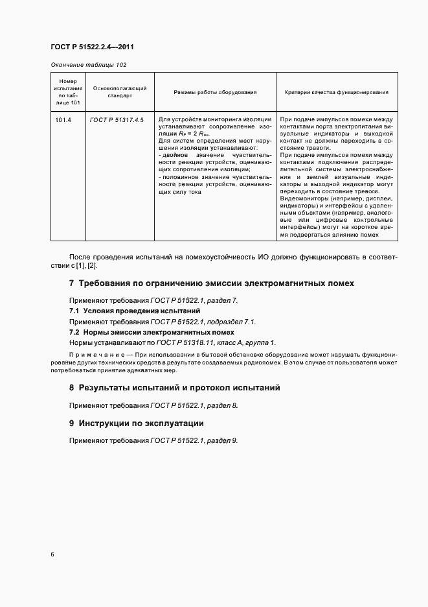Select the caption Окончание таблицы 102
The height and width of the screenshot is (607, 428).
pyautogui.click(x=88, y=65)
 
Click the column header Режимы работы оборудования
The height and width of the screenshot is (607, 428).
pyautogui.click(x=215, y=92)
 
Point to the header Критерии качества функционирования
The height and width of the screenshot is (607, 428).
pyautogui.click(x=337, y=92)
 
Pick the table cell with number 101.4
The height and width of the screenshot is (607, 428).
pyautogui.click(x=63, y=120)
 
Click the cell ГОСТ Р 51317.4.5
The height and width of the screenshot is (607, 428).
pyautogui.click(x=117, y=120)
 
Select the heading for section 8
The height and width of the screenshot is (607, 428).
pyautogui.click(x=174, y=388)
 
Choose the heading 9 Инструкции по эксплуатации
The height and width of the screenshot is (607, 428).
pyautogui.click(x=136, y=423)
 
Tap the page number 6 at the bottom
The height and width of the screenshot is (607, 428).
pyautogui.click(x=52, y=554)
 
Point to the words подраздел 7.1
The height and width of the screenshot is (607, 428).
pyautogui.click(x=232, y=322)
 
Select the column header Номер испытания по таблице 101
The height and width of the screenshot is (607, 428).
pyautogui.click(x=67, y=92)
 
